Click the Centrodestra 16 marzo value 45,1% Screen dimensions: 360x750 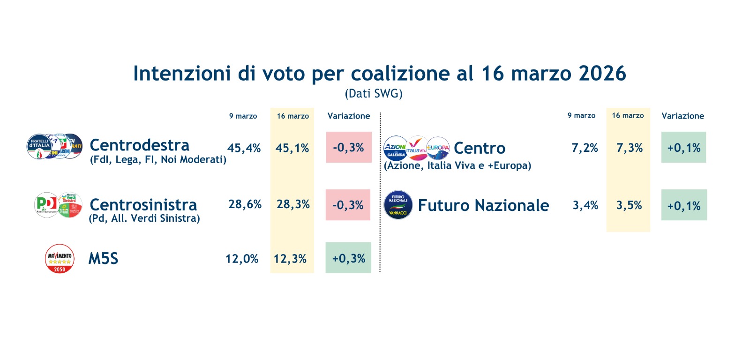pos(292,148)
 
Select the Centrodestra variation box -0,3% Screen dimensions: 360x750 pos(349,147)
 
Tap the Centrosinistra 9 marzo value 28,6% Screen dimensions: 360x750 pos(245,204)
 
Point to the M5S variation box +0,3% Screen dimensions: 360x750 pos(348,258)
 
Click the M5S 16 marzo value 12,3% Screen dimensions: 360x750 pos(290,259)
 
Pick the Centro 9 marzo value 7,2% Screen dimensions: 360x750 pos(585,148)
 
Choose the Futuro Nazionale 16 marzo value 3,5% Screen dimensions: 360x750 pos(629,205)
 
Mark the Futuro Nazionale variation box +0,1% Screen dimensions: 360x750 pos(684,205)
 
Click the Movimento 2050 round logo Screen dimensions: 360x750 pos(60,259)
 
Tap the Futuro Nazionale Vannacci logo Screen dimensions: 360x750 pos(398,205)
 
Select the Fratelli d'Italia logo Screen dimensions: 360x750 pos(39,146)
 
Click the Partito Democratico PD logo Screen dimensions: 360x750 pos(46,205)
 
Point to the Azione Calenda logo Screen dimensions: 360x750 pos(395,149)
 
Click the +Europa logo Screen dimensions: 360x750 pos(438,148)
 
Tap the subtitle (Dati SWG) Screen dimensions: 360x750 pos(374,94)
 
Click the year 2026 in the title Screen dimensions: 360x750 pos(602,74)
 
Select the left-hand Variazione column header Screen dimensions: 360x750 pos(349,116)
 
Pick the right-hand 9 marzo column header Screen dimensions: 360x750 pos(581,115)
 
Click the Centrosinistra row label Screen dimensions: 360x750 pos(143,205)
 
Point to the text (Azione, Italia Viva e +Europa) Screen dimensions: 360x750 pos(457,165)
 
